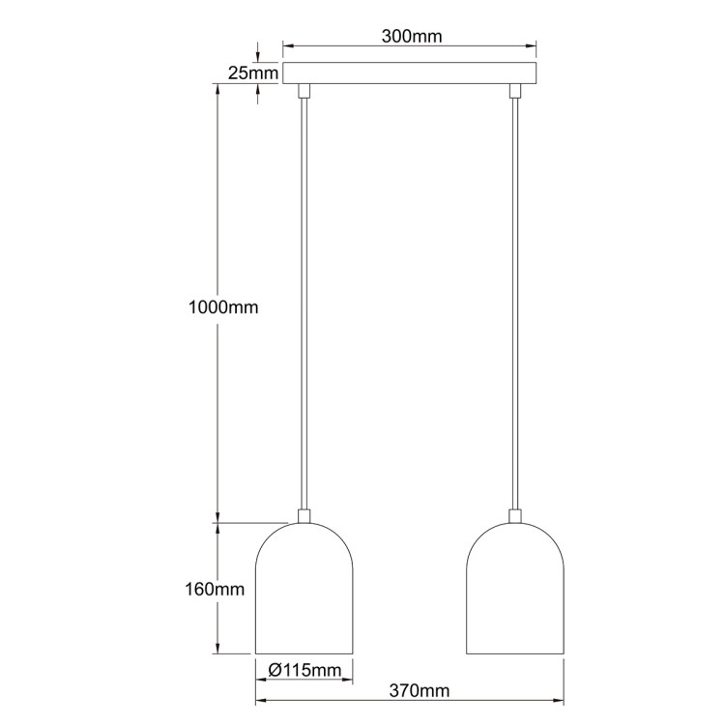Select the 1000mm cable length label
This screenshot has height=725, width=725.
point(224,307)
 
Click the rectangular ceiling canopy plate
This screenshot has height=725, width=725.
point(411,72)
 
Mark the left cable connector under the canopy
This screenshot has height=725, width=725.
point(304,91)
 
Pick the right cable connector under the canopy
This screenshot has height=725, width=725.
point(515,91)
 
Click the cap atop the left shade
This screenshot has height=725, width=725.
point(304,516)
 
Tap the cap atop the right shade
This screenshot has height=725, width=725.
point(515,516)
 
